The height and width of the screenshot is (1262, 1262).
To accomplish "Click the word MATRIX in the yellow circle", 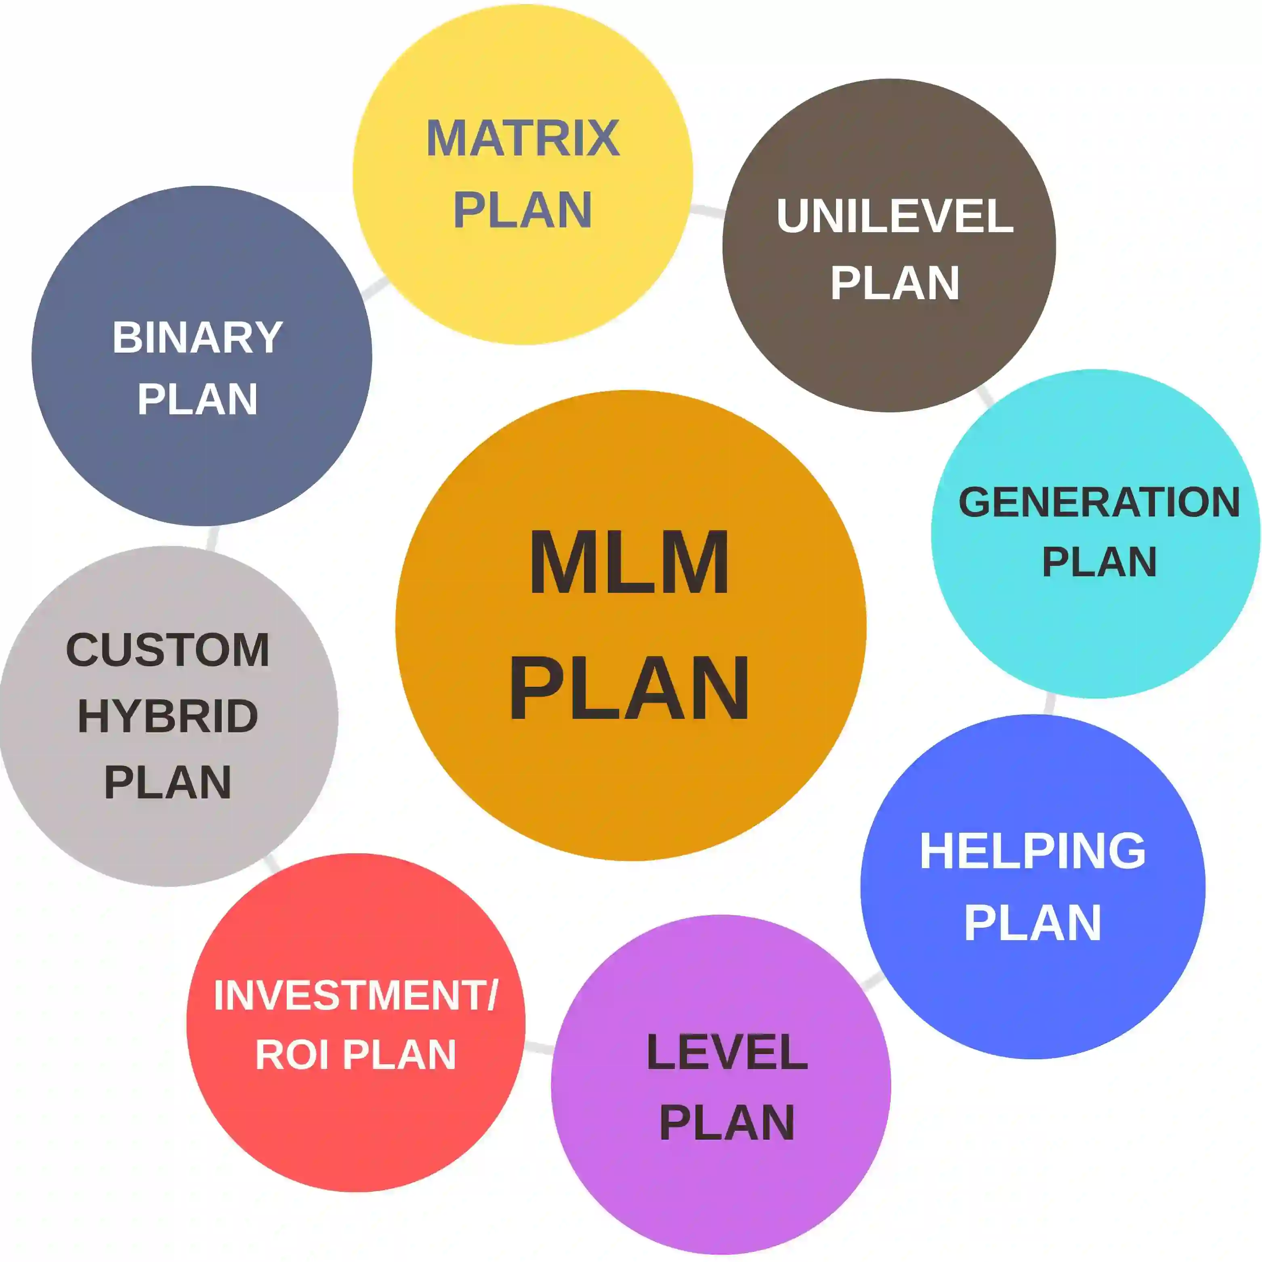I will click(523, 139).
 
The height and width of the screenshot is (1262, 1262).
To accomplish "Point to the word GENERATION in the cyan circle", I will click(1099, 502).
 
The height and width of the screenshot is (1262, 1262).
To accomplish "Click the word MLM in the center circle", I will click(629, 563).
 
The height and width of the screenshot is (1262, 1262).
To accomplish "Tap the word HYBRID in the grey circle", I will click(168, 716).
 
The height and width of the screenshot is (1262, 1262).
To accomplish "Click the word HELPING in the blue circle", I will click(1033, 851).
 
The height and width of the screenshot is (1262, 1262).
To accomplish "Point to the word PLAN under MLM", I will click(629, 689).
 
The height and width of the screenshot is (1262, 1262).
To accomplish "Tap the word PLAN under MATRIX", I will click(523, 210).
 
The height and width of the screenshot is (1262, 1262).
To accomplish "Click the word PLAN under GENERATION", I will click(1099, 562).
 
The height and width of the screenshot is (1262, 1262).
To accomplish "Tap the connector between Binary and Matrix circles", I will click(374, 288).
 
